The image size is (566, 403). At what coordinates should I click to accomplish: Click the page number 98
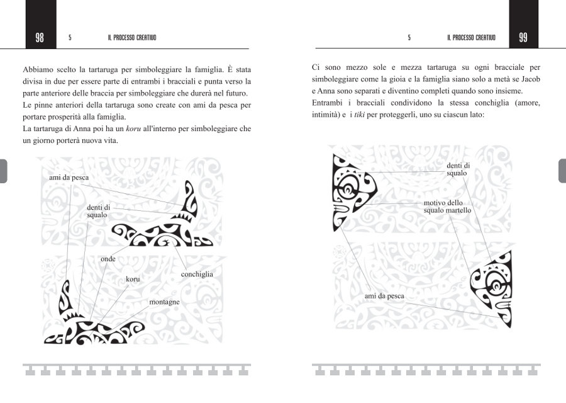pos(40,38)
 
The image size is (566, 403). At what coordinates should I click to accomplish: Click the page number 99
pos(523,38)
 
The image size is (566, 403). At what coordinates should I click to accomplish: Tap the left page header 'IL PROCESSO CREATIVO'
pos(132,38)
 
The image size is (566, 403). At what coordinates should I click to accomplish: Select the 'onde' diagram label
pos(108,259)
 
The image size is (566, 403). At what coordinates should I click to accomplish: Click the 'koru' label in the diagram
pos(132,278)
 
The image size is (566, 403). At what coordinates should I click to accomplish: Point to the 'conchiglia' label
pos(197,274)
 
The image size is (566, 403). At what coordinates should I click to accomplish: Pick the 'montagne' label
pos(164,302)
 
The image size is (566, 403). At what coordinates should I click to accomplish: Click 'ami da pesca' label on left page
pos(69,178)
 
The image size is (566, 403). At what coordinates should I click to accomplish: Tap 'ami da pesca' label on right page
pos(384,296)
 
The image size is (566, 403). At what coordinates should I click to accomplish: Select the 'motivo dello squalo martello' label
pos(447,207)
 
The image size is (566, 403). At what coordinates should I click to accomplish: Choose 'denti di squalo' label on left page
pos(98,211)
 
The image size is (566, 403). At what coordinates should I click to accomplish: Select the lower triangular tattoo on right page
pos(494,287)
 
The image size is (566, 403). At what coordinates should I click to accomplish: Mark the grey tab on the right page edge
pos(562,170)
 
